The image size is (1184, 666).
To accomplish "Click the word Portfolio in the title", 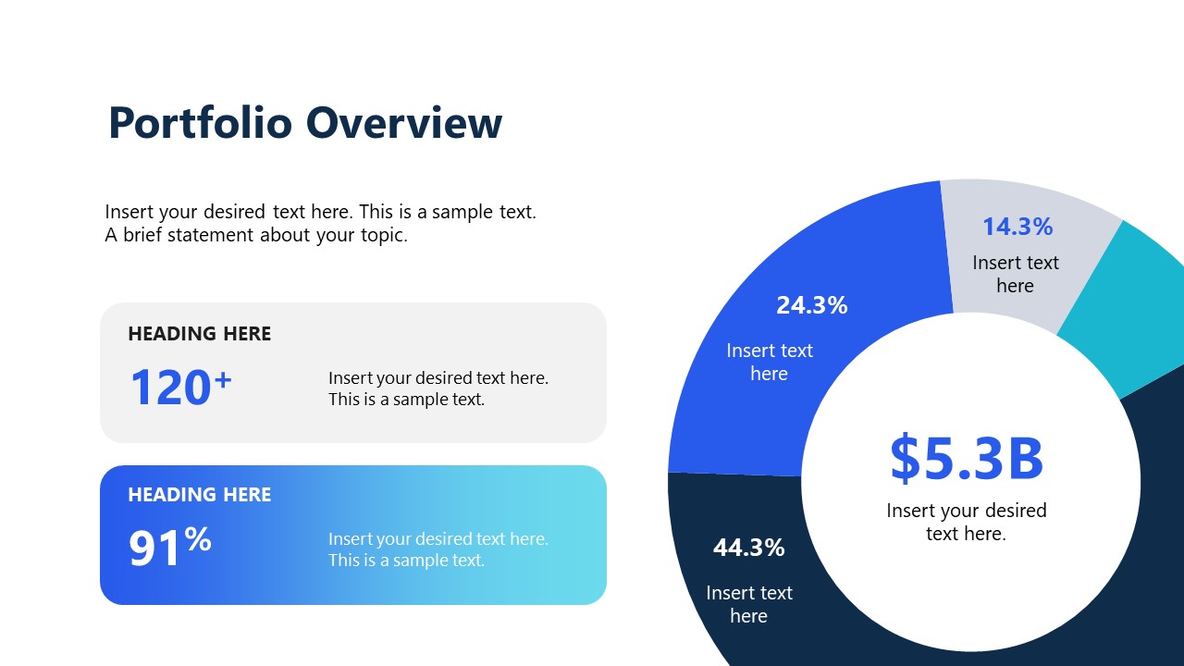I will pos(200,123).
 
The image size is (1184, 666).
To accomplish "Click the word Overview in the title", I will pos(404,123).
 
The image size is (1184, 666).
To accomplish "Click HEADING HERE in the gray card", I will pos(200,334).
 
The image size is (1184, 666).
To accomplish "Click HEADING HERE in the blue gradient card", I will pos(200,495).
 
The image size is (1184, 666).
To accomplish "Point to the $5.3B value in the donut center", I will pos(967,459).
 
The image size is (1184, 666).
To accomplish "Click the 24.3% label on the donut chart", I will pos(811,305).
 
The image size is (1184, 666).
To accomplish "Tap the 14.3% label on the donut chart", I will pos(1017,227).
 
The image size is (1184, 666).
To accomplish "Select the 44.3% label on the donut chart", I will pos(748,548).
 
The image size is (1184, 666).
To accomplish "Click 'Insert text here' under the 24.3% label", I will pos(770,362).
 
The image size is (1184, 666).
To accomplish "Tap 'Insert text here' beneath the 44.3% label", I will pos(749,604).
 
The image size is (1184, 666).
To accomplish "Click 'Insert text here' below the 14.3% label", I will pos(1015,274).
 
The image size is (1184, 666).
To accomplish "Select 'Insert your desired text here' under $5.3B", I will pos(967,522).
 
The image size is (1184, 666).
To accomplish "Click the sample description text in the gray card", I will pos(438,388).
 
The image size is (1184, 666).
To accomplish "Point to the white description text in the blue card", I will pos(438,549).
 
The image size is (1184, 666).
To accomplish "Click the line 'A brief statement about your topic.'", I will pos(256,235).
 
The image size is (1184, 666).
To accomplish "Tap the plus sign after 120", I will pos(222,377).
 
